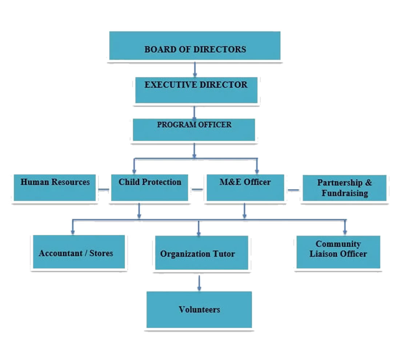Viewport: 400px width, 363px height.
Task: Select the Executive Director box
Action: (196, 90)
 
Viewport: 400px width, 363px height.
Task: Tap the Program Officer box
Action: (194, 130)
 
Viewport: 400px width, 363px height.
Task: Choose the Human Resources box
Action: (55, 187)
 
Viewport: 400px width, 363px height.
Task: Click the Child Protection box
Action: (149, 187)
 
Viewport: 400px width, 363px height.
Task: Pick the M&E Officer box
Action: (245, 187)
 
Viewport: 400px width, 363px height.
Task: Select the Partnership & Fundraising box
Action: (344, 188)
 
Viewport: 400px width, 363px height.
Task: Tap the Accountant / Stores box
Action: (79, 252)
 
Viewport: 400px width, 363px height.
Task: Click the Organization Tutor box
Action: (201, 253)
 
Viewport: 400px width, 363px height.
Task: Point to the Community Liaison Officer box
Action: (338, 252)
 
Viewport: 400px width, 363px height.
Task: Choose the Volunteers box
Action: (199, 309)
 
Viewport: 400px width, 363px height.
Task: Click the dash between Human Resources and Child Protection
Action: (104, 189)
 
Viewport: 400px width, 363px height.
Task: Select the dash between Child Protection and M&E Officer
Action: (197, 189)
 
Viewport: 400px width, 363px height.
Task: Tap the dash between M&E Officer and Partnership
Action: (293, 189)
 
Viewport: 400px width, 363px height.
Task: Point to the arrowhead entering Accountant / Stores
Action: (73, 231)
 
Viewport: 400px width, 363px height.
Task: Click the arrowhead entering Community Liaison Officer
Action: (345, 231)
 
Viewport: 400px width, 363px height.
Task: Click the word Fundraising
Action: (344, 193)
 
